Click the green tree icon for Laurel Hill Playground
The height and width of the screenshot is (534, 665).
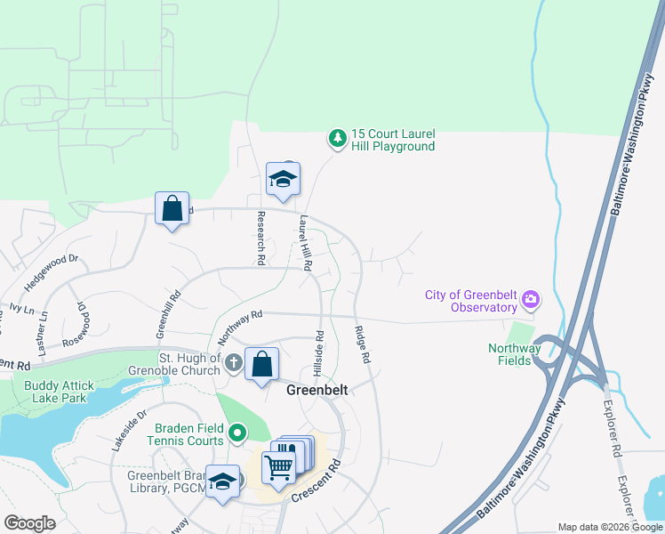click(337, 138)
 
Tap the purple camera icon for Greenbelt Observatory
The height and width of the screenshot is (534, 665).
click(531, 298)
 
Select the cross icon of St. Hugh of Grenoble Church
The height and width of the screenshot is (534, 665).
click(233, 361)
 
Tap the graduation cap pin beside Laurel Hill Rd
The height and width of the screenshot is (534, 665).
click(283, 179)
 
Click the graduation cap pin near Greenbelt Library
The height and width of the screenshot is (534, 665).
click(221, 481)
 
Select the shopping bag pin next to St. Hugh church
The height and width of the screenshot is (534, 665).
click(261, 364)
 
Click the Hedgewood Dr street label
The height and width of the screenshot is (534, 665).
click(52, 270)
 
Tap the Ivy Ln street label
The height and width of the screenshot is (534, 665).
click(21, 307)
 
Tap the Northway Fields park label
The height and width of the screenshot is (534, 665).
click(514, 354)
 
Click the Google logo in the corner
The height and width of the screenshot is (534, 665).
click(30, 523)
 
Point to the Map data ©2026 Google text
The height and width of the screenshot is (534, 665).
click(609, 527)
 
